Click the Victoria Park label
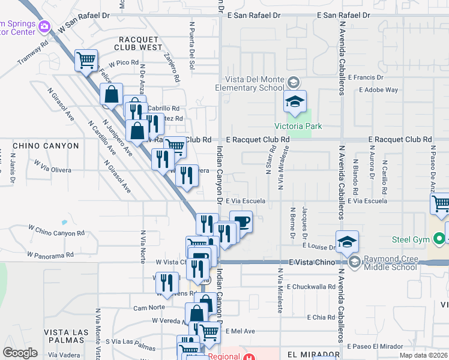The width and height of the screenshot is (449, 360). click(298, 126)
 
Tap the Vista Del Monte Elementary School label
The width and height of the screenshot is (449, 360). click(255, 83)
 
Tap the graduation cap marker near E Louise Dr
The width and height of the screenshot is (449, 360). click(347, 242)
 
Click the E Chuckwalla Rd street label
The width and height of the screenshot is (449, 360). click(311, 287)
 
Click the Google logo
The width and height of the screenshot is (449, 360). click(20, 352)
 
